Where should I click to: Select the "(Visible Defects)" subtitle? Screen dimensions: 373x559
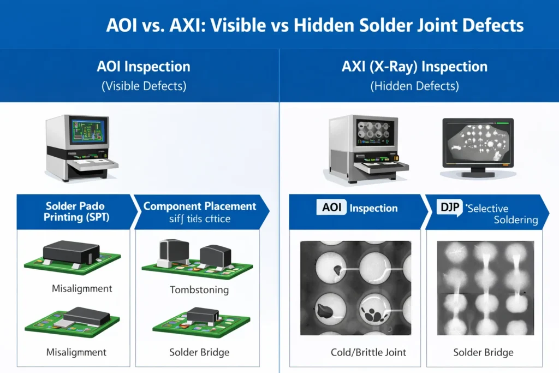(144, 86)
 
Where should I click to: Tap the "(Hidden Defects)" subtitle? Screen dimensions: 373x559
(414, 86)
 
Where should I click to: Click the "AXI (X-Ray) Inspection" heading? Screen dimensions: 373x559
(414, 67)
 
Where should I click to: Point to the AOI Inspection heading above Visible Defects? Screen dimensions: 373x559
(144, 67)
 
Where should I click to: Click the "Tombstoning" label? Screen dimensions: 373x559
(199, 289)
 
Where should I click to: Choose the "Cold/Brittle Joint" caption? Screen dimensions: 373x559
(368, 352)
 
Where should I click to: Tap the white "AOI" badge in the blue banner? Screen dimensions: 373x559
(331, 208)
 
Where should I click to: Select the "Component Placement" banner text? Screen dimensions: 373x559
(199, 206)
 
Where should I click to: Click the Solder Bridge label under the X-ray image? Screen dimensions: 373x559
(483, 352)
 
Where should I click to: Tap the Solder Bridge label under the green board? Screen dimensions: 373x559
(199, 352)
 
